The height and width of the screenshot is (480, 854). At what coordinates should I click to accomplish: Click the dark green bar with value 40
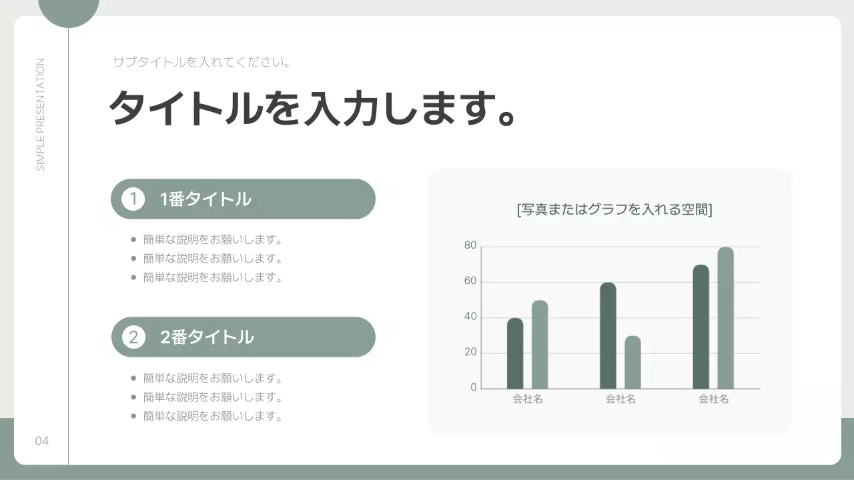515,353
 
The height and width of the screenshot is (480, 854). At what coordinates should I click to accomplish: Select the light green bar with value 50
540,345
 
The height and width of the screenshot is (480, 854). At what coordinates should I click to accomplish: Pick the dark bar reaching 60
608,335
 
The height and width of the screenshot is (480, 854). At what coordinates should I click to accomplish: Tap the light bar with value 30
632,362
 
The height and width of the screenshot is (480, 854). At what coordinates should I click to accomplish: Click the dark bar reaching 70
701,327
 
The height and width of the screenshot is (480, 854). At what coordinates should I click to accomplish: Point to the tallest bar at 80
725,318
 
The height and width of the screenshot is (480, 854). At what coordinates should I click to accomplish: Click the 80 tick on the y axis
470,246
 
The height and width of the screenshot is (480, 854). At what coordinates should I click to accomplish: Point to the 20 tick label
470,352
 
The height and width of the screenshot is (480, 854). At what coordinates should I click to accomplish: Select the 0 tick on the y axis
474,387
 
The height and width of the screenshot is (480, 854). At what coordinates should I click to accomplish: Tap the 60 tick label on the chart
470,281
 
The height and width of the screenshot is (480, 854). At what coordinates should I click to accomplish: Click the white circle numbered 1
133,199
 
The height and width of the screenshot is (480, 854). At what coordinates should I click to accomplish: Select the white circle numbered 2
133,337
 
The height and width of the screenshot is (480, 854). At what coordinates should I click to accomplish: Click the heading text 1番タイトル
205,199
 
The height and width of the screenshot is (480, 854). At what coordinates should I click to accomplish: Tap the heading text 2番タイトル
207,337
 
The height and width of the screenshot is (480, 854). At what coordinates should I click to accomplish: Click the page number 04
42,441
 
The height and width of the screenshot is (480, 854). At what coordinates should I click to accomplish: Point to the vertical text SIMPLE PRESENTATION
41,115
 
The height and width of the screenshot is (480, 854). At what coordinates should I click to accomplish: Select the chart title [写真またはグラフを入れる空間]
614,209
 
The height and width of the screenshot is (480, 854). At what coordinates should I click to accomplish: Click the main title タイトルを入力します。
312,108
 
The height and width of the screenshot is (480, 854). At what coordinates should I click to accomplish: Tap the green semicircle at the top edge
69,11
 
